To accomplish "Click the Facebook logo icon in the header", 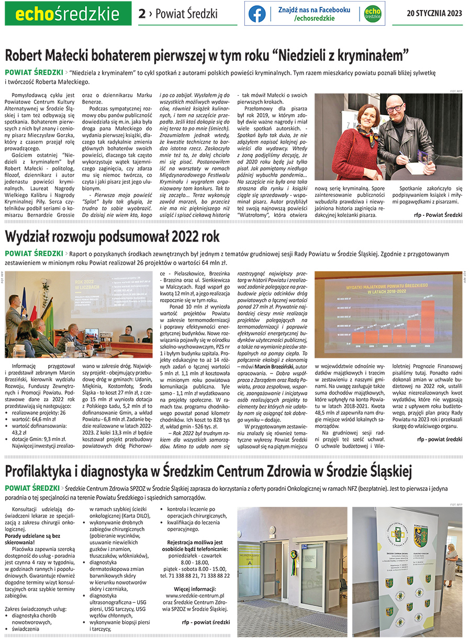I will [x=257, y=14].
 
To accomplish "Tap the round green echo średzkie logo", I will [x=372, y=14].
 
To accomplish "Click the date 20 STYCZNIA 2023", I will [x=434, y=14].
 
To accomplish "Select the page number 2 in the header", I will [x=142, y=14].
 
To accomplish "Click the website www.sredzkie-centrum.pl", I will [x=195, y=596].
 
